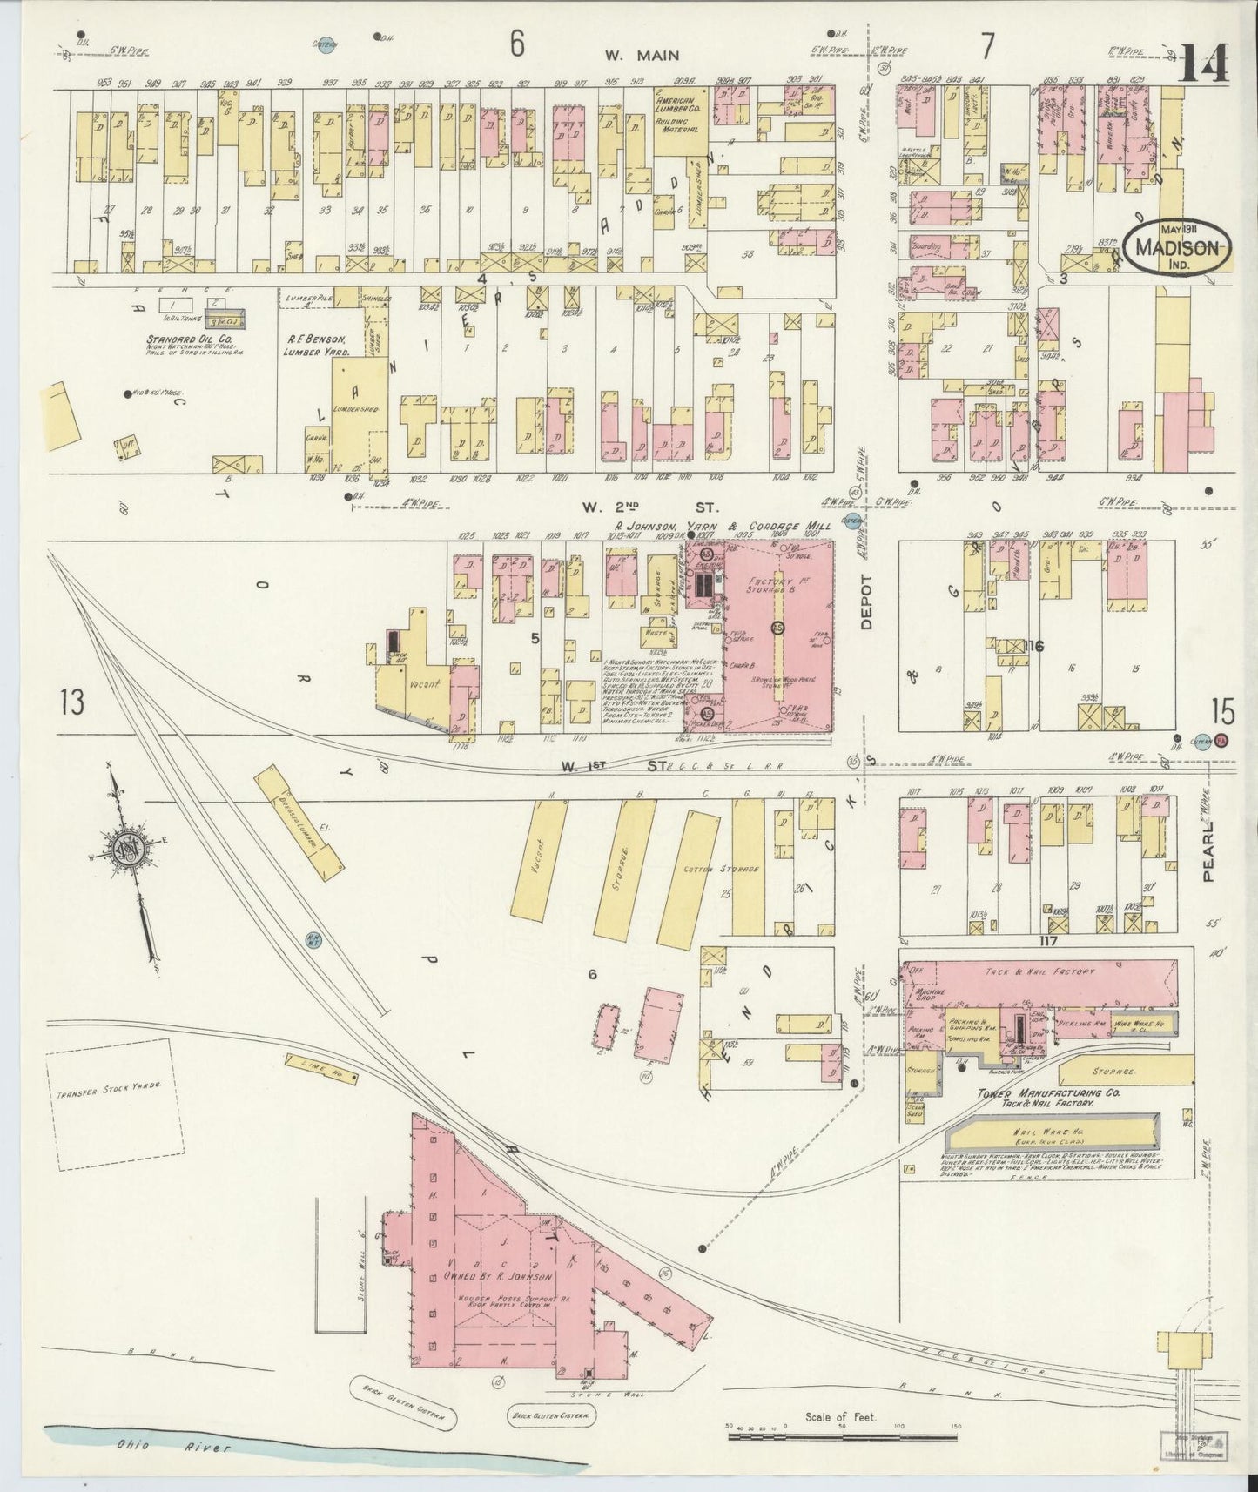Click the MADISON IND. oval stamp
click(x=1177, y=246)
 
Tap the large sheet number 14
click(x=1203, y=63)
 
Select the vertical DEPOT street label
click(x=866, y=601)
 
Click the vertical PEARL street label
click(x=1209, y=856)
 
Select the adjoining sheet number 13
click(x=72, y=701)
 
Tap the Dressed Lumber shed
click(x=299, y=822)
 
